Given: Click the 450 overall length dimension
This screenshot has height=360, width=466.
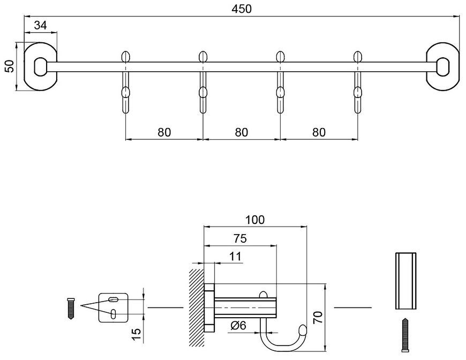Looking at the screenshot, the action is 242,9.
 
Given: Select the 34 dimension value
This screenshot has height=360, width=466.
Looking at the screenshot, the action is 40,25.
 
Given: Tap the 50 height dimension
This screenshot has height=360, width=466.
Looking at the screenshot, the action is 10,66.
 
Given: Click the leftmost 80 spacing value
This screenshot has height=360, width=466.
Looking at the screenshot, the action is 164,132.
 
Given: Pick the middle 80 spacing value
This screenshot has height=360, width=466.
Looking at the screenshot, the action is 242,132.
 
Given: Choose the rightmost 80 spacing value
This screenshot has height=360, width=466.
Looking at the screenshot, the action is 319,132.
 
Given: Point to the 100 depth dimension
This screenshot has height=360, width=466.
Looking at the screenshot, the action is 255,220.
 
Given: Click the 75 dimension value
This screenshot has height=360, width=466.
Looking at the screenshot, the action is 240,238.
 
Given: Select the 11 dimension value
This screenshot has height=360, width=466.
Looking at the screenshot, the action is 235,256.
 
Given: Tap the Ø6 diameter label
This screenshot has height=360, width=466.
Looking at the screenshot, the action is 238,326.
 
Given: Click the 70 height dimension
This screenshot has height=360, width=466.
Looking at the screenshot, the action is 318,318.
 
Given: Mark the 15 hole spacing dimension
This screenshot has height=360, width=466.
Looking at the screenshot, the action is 137,335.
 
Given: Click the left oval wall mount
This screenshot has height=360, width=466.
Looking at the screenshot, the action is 40,66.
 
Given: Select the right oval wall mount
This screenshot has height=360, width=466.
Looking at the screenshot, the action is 442,66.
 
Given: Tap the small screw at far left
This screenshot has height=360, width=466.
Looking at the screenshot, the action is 71,308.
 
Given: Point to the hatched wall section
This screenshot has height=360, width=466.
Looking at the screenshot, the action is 197,307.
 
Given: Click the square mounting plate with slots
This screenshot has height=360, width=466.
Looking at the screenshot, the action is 113,307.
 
